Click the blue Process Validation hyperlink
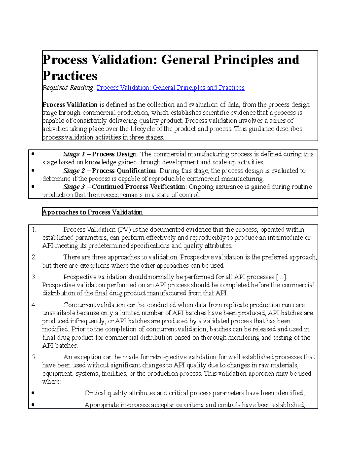(x=170, y=88)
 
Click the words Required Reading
(x=68, y=88)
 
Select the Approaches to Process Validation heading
(x=92, y=212)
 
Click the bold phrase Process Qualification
(x=124, y=171)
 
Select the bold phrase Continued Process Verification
(x=138, y=187)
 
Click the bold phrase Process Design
(x=114, y=154)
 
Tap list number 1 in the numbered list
(x=34, y=230)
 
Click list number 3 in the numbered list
(x=34, y=277)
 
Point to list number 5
(x=34, y=357)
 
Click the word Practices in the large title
(x=70, y=76)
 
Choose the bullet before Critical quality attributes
(x=33, y=393)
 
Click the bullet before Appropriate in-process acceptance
(x=33, y=405)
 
